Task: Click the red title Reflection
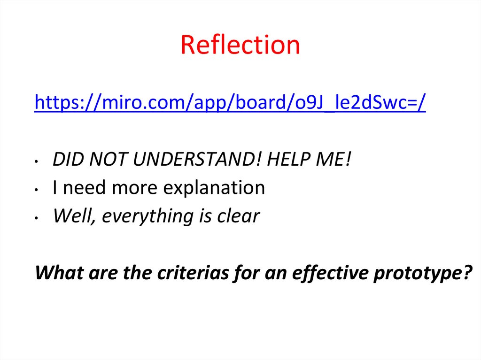[240, 45]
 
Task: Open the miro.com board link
[230, 102]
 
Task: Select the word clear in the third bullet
[237, 216]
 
